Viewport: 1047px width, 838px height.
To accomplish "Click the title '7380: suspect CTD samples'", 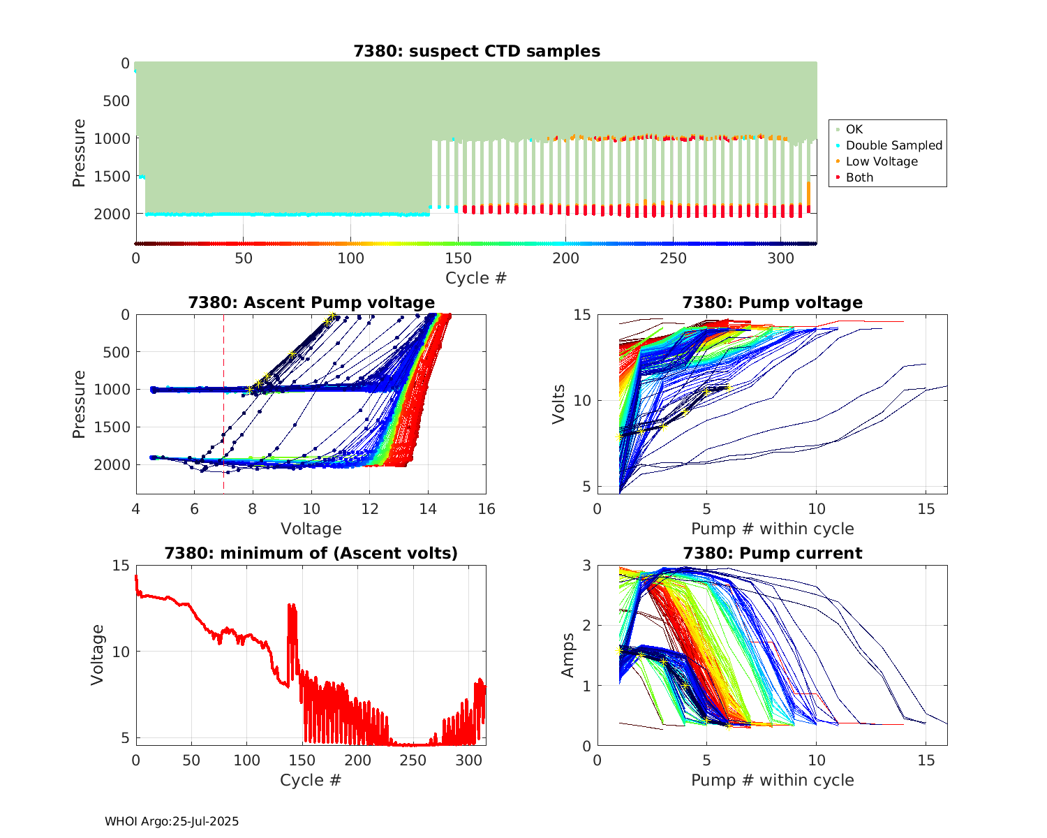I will (476, 51).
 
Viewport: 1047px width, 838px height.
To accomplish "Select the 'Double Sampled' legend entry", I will (893, 145).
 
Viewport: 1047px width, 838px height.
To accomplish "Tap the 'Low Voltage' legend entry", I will (882, 161).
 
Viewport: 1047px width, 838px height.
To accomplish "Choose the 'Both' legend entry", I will (859, 177).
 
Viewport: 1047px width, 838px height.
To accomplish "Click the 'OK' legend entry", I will (854, 129).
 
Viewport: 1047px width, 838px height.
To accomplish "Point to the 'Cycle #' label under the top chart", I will (476, 278).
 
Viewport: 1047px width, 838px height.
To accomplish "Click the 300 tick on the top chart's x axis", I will (780, 258).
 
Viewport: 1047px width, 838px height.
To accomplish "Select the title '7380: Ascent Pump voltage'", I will (311, 302).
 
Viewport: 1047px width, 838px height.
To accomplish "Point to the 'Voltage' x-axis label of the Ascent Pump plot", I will (311, 529).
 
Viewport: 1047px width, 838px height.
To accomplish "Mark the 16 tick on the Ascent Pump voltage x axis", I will (487, 509).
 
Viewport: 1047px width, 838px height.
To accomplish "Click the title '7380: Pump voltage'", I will (772, 302).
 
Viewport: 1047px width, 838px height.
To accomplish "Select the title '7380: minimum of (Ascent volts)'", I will (311, 553).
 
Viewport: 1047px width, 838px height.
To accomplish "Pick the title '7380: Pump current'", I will (772, 553).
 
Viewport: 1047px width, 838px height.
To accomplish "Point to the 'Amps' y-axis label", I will (568, 654).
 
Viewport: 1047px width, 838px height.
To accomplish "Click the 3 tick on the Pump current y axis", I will (586, 565).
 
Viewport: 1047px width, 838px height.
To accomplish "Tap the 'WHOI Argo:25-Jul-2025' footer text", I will (172, 821).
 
